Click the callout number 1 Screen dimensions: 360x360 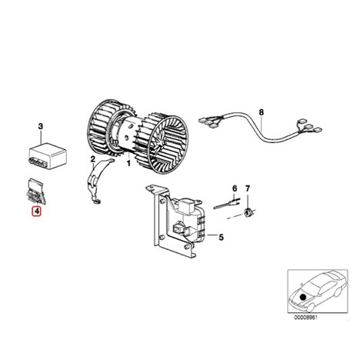[128, 163]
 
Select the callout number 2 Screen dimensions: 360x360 [93, 159]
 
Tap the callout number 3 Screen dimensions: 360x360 [41, 127]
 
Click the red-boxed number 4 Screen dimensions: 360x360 [36, 212]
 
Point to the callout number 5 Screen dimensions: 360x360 [221, 237]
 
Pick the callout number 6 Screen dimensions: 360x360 [235, 188]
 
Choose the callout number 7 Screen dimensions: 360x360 [248, 188]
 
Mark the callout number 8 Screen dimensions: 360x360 [262, 112]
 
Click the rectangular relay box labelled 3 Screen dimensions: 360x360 [47, 155]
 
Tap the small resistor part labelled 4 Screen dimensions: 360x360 [36, 191]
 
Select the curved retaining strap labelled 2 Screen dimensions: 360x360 [97, 181]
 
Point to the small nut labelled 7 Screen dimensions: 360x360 [248, 212]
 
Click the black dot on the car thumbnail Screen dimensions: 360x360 [303, 297]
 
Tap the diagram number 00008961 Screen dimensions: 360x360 [305, 317]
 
